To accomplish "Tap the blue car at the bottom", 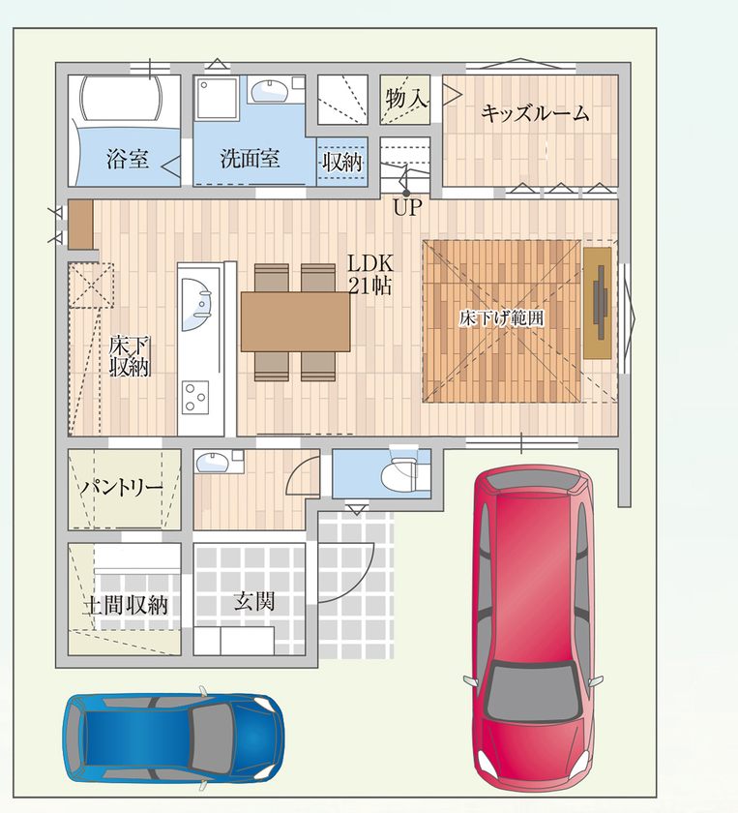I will [x=173, y=737].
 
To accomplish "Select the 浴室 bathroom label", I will [x=127, y=159].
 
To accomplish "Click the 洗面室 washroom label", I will [x=250, y=159].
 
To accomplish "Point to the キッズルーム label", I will [x=535, y=114].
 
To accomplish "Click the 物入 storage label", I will [x=405, y=99].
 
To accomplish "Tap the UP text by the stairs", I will [x=407, y=208].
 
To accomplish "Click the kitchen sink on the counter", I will [x=199, y=296].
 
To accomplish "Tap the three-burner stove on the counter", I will [x=196, y=396].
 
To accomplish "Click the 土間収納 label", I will [x=125, y=606].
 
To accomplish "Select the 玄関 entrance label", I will [x=253, y=602].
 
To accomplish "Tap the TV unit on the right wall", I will [x=598, y=304].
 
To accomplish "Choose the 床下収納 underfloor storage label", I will [x=128, y=354].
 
